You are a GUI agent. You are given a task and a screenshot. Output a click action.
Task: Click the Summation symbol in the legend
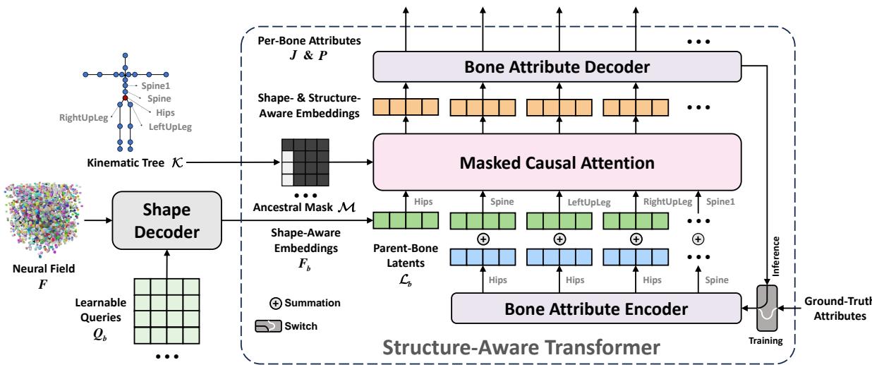tap(276, 302)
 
